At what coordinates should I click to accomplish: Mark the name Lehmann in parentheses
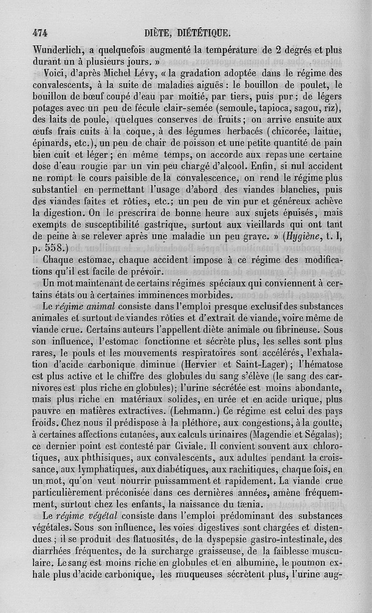pos(198,411)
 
